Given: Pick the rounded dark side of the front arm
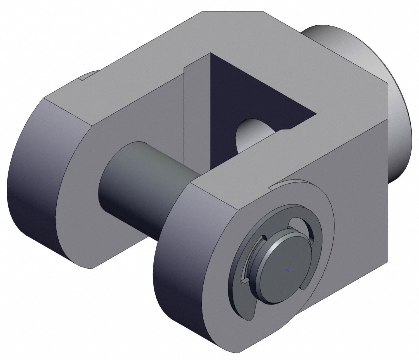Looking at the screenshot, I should point(179,251).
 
